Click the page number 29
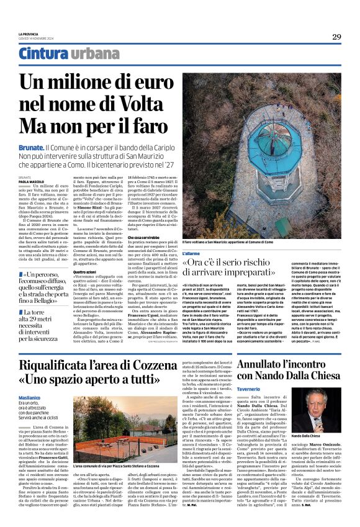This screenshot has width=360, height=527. (x=336, y=37)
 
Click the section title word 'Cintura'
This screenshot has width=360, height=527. (x=43, y=54)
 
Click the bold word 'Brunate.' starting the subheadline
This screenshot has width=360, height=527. (x=30, y=146)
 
